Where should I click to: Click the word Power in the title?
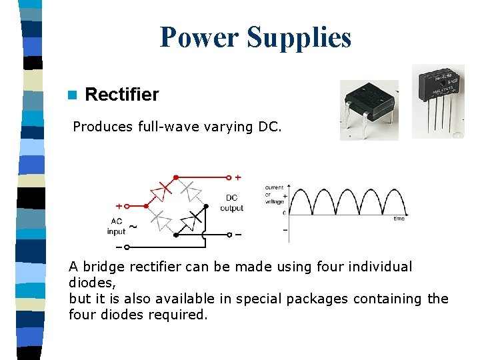tap(200, 37)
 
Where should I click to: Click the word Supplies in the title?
tap(299, 37)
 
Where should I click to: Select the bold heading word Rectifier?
tap(122, 95)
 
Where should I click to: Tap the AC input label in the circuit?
tap(116, 227)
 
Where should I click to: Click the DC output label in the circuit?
tap(231, 203)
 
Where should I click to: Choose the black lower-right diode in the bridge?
tap(193, 219)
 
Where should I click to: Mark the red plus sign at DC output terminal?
tap(238, 177)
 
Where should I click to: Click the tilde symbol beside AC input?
tap(133, 227)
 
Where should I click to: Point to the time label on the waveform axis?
tap(399, 219)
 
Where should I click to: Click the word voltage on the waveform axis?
tap(274, 201)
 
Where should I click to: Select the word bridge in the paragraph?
tap(101, 267)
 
